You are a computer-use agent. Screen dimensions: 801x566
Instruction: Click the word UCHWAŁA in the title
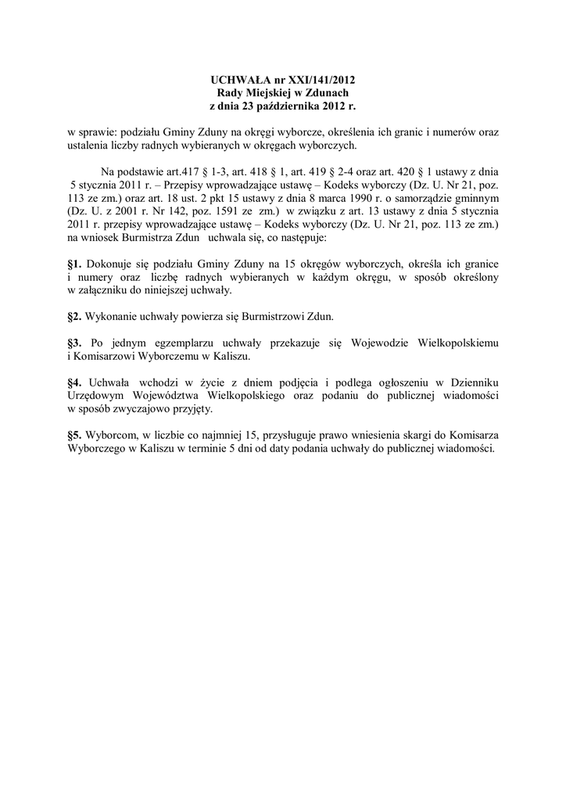pos(239,80)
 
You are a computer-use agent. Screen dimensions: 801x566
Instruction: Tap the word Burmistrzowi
pos(260,317)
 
